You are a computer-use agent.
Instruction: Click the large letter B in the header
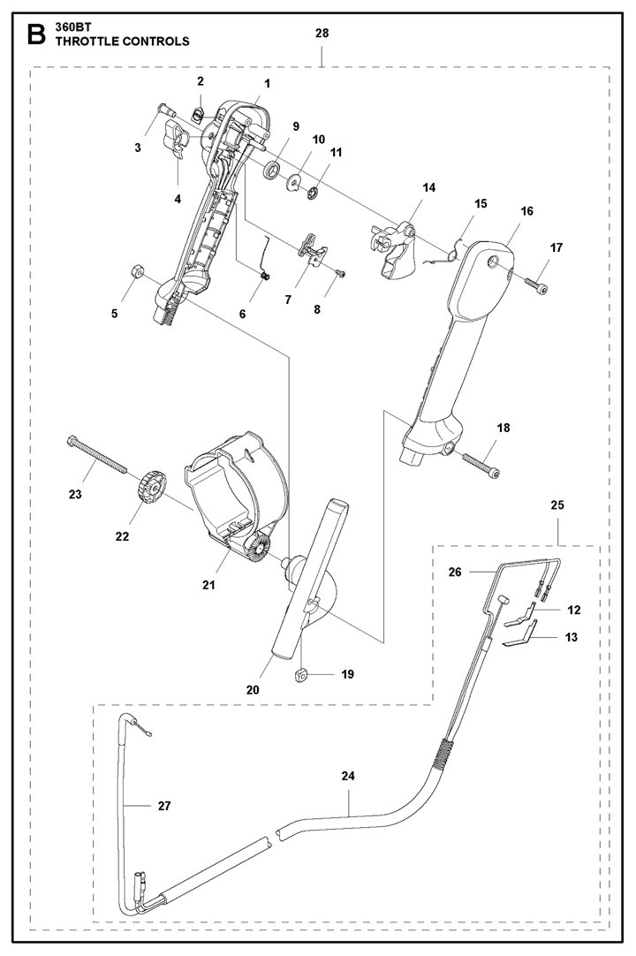[x=36, y=35]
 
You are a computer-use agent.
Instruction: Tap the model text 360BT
[x=72, y=27]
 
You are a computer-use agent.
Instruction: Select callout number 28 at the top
[x=322, y=33]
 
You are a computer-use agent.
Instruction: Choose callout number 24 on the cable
[x=348, y=776]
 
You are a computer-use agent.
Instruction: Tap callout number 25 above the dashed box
[x=557, y=505]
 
